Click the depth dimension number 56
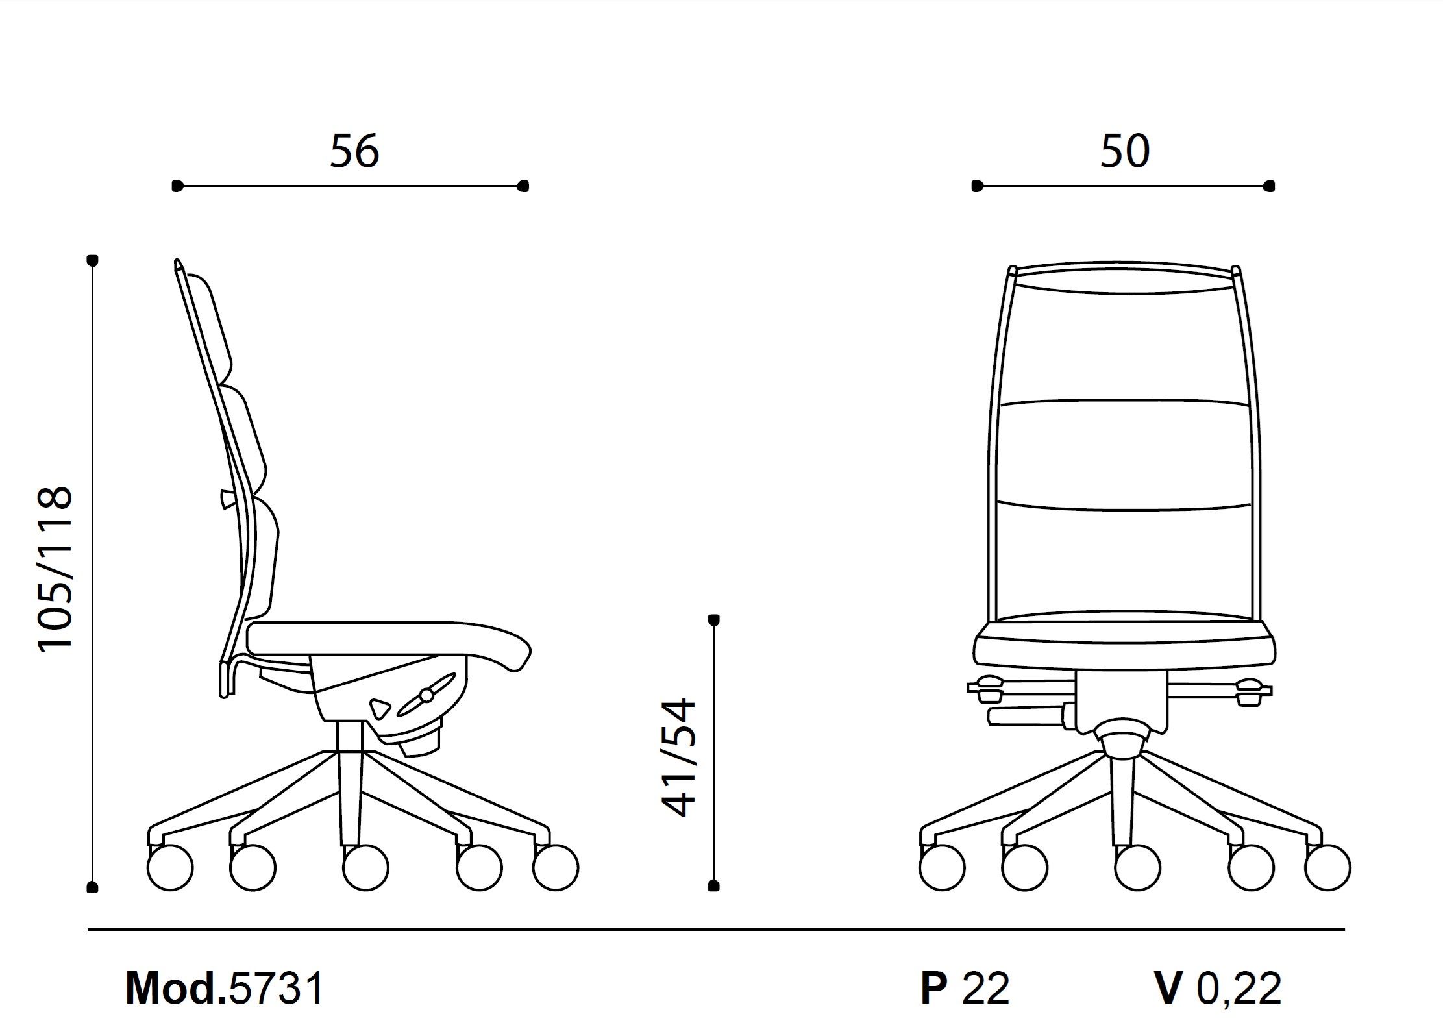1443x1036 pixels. coord(354,151)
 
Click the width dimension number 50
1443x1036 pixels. coord(1125,151)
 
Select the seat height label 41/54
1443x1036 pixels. coord(679,757)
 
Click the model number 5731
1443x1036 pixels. coord(277,989)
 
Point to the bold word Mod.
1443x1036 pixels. coord(176,989)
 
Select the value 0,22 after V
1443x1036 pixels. coord(1239,989)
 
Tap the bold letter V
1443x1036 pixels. coord(1168,989)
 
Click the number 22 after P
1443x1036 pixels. coord(986,989)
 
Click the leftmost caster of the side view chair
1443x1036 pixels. coord(170,867)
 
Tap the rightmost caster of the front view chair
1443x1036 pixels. coord(1327,867)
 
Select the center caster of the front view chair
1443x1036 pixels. coord(1137,867)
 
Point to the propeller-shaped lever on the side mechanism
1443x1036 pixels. coord(426,695)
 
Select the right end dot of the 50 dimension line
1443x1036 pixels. coord(1270,186)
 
